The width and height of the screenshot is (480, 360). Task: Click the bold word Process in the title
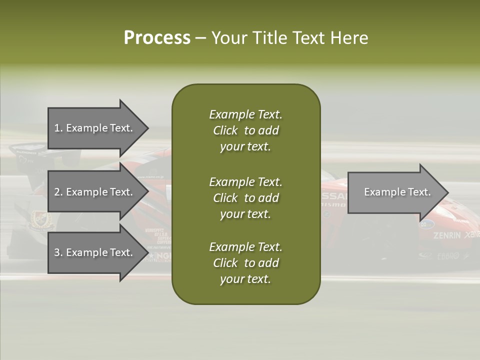(x=157, y=38)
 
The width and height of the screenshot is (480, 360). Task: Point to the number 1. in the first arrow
(x=58, y=128)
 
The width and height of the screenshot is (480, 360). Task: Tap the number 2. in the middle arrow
(x=58, y=192)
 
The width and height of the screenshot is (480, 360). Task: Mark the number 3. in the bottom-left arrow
(x=58, y=252)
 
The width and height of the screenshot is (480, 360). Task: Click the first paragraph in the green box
(x=245, y=130)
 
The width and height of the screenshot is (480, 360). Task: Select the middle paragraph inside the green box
(x=245, y=198)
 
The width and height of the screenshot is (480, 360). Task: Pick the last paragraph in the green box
(x=245, y=263)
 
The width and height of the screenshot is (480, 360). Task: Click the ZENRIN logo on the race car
(x=447, y=235)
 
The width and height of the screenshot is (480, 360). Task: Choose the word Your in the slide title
(x=227, y=38)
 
